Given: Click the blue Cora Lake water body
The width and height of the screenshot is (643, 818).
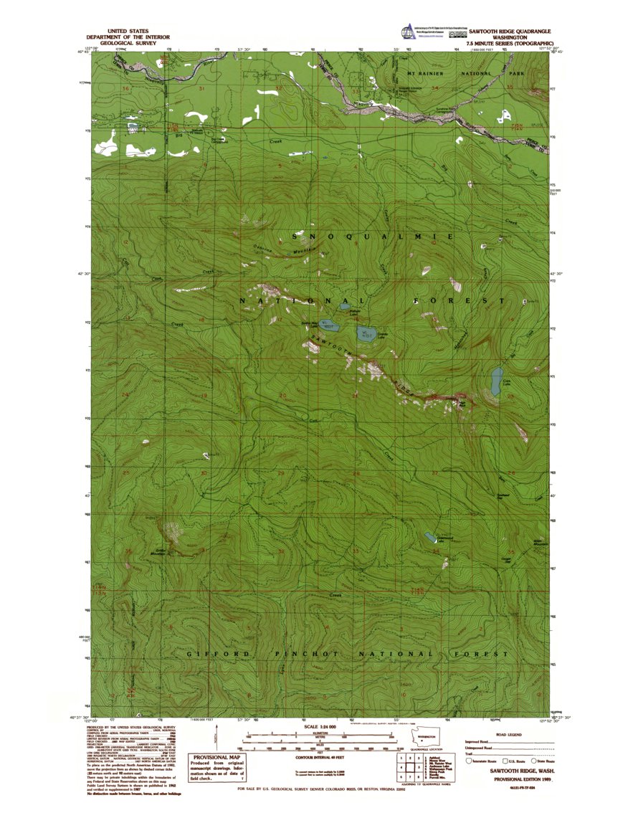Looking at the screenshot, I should [x=496, y=381].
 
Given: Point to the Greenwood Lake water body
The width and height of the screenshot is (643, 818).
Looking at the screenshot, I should [x=430, y=536].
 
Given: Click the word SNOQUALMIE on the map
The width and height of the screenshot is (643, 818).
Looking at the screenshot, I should [x=373, y=236].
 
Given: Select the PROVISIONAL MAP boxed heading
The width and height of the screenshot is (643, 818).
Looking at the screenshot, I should [x=214, y=758].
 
